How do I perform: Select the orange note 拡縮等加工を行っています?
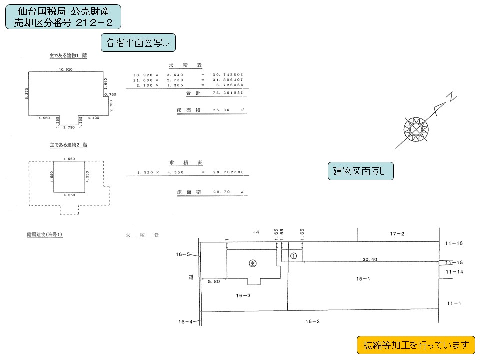(416, 345)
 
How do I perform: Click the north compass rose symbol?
(416, 128)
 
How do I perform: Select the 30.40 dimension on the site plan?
(370, 259)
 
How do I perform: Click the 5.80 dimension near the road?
(214, 282)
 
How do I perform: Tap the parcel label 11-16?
(454, 243)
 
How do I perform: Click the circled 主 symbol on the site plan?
(253, 263)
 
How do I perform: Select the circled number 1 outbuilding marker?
(293, 255)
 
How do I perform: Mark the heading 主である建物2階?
(68, 145)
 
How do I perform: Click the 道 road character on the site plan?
(191, 277)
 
